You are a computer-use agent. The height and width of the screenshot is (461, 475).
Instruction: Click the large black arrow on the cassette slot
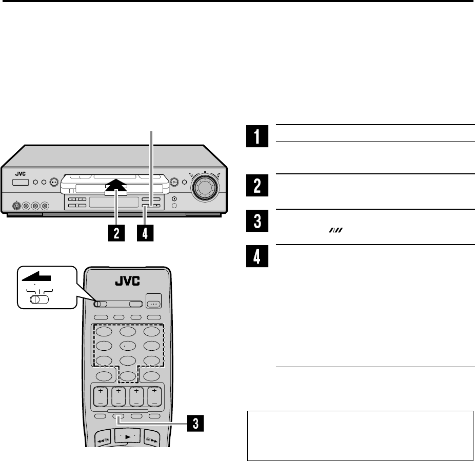pos(116,188)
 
